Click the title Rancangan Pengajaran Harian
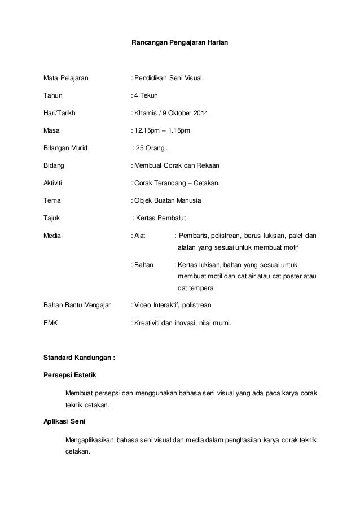pos(179,43)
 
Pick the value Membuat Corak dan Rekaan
pos(176,166)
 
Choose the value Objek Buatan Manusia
pos(168,201)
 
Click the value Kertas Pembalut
pos(163,219)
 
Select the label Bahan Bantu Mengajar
pos(77,305)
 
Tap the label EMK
pos(51,323)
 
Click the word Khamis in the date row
pos(144,114)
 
